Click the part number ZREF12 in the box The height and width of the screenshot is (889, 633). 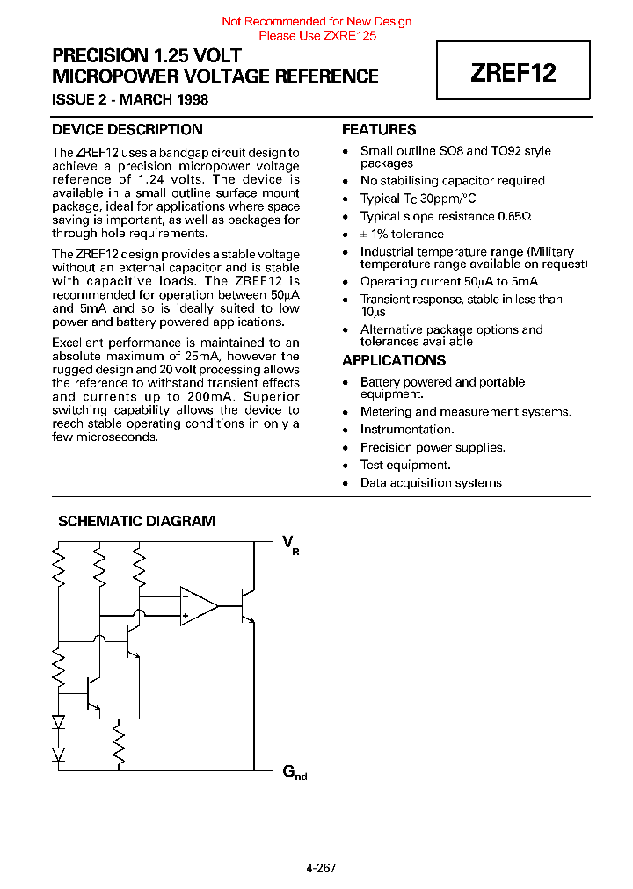click(x=513, y=73)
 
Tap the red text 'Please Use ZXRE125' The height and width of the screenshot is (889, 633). click(x=316, y=36)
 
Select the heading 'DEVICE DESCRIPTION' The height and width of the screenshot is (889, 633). click(x=127, y=130)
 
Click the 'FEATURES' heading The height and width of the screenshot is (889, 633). click(x=379, y=130)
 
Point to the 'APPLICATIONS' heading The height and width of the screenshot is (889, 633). click(x=394, y=361)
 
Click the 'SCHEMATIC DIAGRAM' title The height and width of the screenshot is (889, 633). click(x=136, y=521)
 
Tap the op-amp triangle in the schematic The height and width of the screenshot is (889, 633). click(x=199, y=606)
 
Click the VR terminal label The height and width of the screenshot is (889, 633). click(x=290, y=544)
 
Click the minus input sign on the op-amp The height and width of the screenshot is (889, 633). click(x=186, y=596)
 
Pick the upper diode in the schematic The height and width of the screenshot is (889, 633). click(x=59, y=722)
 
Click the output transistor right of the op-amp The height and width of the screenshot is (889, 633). click(x=247, y=606)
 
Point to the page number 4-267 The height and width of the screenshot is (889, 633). click(x=321, y=868)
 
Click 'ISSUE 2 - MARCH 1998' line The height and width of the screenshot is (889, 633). click(x=130, y=99)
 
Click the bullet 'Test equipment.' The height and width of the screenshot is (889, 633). click(x=405, y=466)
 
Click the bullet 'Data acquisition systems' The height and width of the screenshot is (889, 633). click(x=431, y=483)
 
